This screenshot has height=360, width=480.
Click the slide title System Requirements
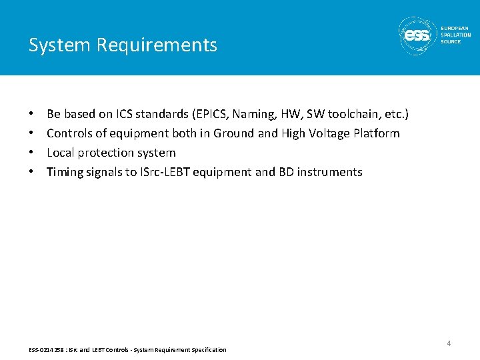pos(123,45)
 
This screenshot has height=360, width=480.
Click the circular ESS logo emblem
pos(417,34)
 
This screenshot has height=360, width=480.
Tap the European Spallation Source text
pos(455,35)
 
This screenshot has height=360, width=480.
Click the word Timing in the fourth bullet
pos(65,172)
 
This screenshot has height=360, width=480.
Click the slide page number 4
pos(449,343)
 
